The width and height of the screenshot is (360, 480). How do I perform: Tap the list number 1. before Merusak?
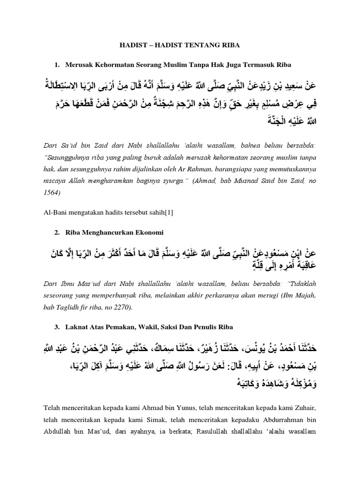(58, 64)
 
